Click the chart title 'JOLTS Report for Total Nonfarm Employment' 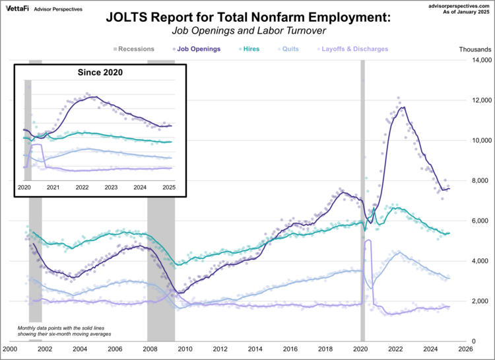(248, 19)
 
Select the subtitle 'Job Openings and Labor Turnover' (248, 31)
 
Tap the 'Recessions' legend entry (133, 49)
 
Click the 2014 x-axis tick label (253, 348)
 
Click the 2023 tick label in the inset (111, 188)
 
